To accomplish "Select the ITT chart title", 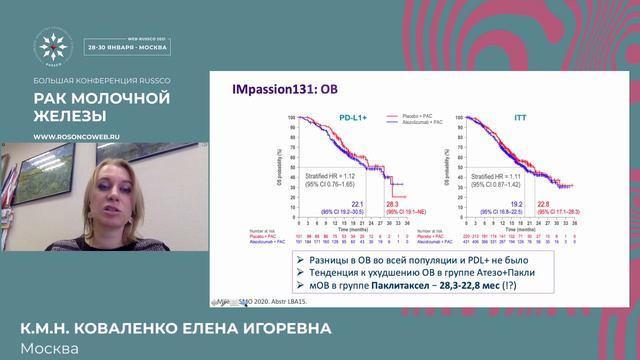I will click(x=517, y=118).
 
